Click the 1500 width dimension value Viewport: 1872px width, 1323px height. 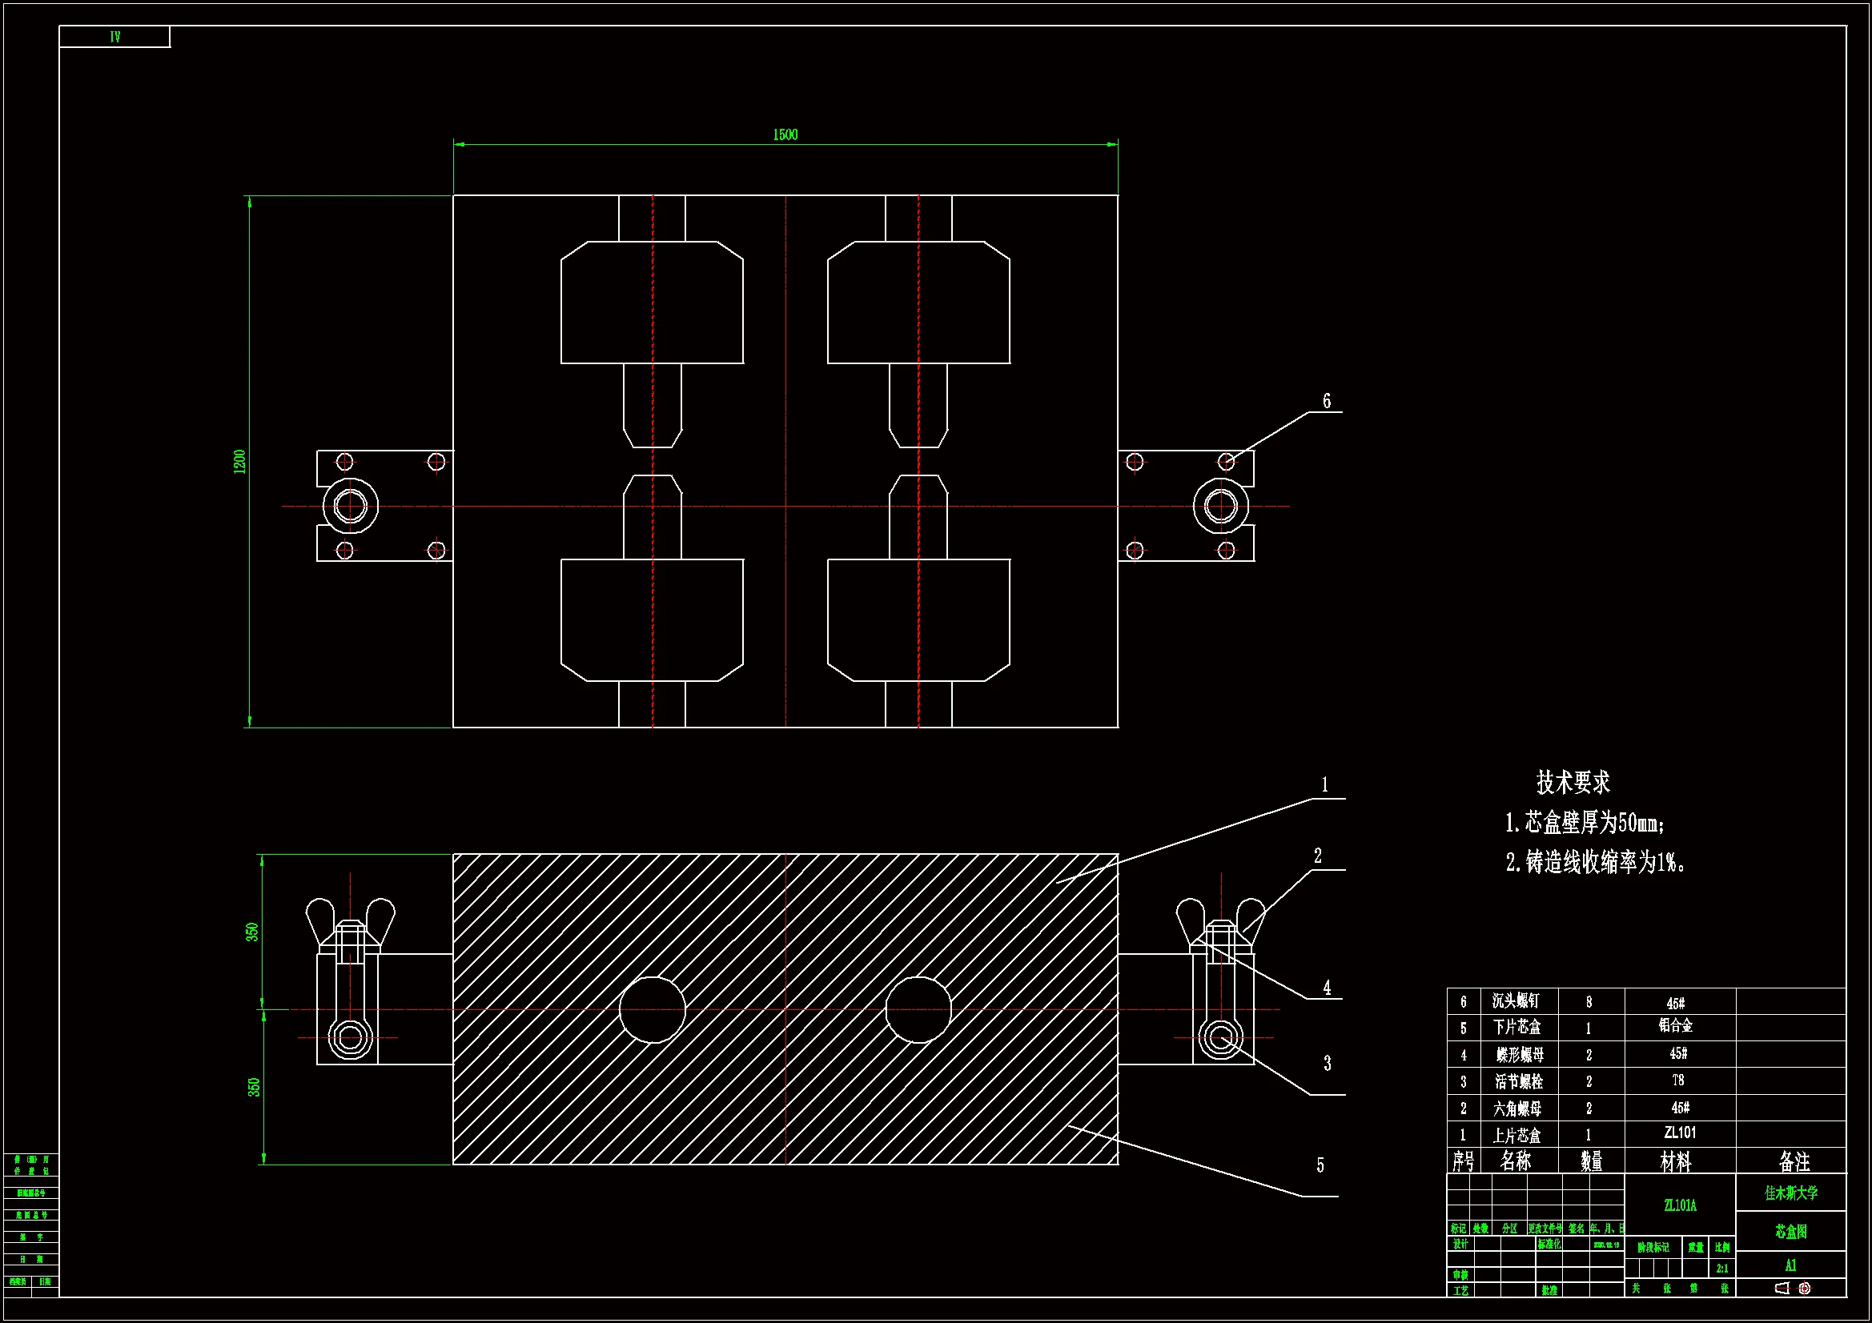coord(785,134)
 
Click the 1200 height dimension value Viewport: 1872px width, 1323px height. coord(239,461)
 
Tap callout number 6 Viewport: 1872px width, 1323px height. coord(1327,401)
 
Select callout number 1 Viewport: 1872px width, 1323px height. coord(1325,784)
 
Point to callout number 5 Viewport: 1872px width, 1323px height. coord(1320,1165)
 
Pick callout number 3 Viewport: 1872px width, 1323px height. coord(1328,1063)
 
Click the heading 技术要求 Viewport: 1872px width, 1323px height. coord(1573,783)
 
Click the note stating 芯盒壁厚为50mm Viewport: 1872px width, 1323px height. coord(1585,824)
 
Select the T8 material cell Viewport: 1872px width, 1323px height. coord(1678,1081)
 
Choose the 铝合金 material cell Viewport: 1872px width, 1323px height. coord(1677,1025)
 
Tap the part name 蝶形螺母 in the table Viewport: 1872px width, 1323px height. coord(1519,1055)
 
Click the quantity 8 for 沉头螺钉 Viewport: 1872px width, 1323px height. coord(1589,1002)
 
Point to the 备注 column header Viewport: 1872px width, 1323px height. coord(1794,1161)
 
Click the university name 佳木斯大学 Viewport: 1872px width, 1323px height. coord(1791,1193)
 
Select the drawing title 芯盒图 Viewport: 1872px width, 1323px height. coord(1791,1232)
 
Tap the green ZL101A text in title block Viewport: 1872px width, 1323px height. coord(1681,1205)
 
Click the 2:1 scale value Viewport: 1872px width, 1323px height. coord(1722,1269)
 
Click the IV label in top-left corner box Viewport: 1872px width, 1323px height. coord(115,37)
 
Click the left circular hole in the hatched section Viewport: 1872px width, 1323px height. coord(653,1009)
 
